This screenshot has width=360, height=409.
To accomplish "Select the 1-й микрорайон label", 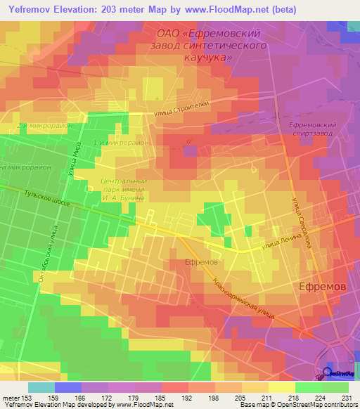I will pyautogui.click(x=121, y=143).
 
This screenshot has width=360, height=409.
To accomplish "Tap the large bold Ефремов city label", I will pyautogui.click(x=322, y=287).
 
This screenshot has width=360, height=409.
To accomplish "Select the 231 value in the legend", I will pyautogui.click(x=347, y=399).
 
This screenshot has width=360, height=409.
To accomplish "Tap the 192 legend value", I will pyautogui.click(x=186, y=399).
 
